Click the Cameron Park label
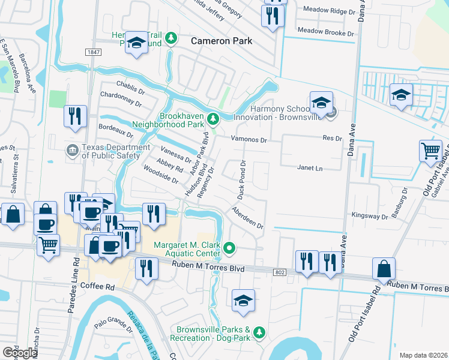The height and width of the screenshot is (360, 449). click(x=221, y=41)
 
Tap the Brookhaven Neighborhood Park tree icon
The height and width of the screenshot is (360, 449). click(x=212, y=117)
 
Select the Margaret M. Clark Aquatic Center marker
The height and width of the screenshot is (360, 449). click(x=229, y=247)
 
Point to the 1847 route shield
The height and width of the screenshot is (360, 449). click(x=93, y=53)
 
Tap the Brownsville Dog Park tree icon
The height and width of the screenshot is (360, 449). click(x=259, y=332)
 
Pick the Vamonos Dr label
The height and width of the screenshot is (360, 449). click(x=250, y=139)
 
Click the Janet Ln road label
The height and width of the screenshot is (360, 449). click(x=310, y=169)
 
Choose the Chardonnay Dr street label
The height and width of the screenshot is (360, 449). click(x=121, y=95)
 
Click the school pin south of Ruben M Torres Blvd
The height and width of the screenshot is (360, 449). click(x=243, y=301)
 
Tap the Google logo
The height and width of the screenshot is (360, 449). click(x=19, y=353)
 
